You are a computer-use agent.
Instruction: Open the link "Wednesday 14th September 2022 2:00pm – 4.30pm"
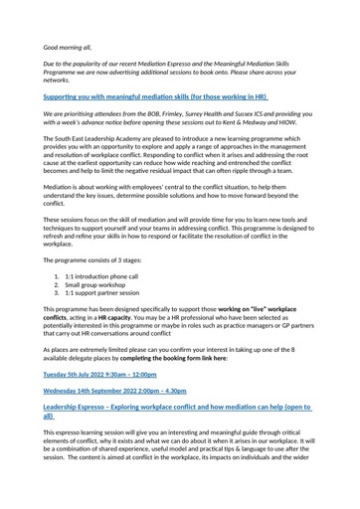[118, 390]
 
